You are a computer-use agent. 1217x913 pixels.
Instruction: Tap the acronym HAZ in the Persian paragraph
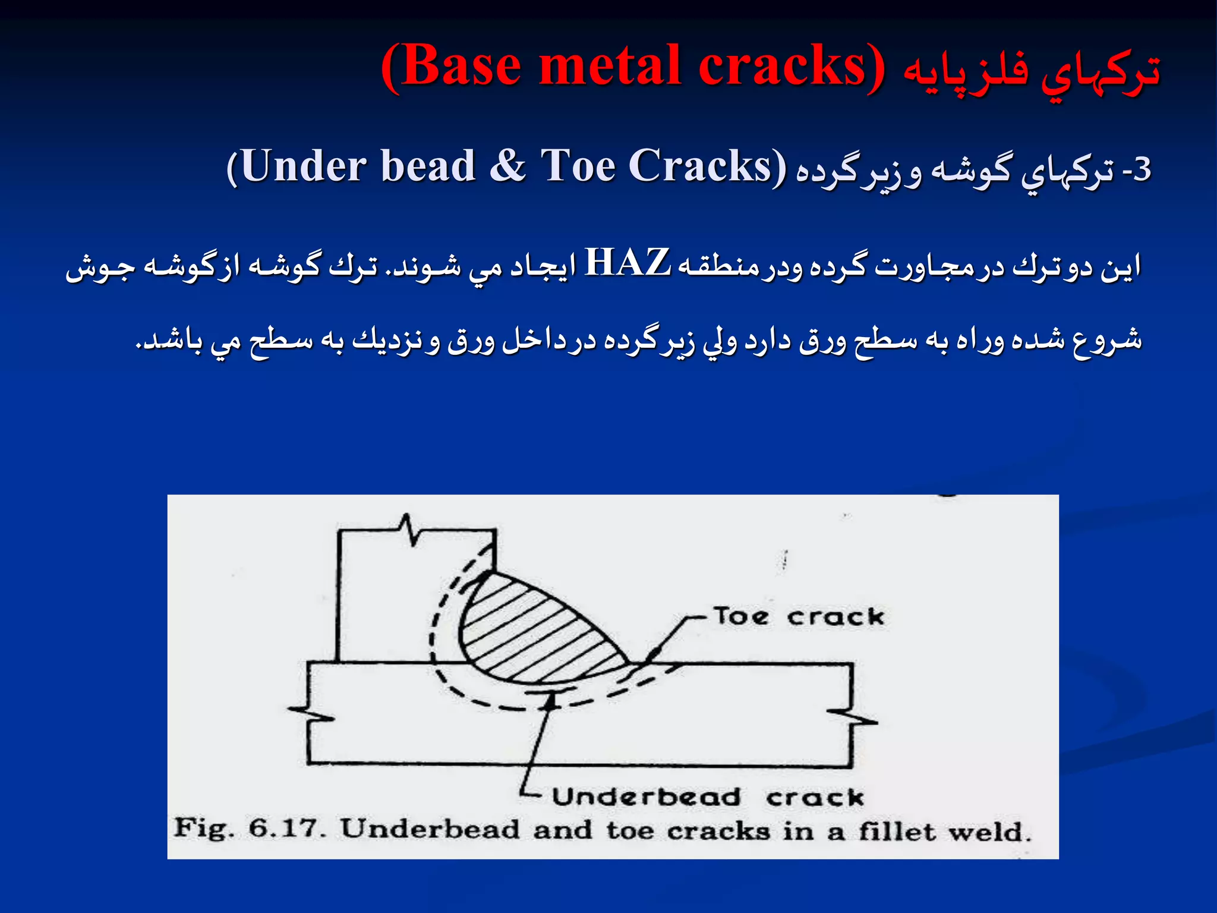628,263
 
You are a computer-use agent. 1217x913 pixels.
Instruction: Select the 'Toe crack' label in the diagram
798,616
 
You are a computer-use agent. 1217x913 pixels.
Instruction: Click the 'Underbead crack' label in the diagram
707,797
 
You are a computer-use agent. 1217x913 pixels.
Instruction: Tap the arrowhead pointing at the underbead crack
551,701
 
